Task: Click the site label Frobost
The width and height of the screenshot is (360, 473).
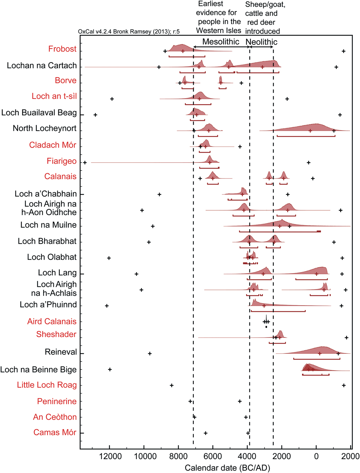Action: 62,49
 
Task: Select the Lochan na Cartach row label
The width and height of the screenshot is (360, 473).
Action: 42,66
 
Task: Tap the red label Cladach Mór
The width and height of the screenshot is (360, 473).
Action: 53,145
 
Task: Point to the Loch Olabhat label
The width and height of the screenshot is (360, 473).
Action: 52,257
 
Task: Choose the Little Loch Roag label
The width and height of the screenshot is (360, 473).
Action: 47,385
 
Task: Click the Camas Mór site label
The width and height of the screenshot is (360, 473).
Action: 55,433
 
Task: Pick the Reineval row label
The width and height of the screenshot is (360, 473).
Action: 61,352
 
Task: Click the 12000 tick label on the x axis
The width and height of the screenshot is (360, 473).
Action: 110,457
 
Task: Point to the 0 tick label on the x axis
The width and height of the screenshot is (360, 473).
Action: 316,457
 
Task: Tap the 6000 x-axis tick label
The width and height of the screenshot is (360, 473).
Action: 213,457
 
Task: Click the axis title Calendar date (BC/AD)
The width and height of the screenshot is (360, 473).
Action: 227,468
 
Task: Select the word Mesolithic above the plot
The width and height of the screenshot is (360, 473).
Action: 221,42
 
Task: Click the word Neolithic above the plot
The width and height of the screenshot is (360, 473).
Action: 262,42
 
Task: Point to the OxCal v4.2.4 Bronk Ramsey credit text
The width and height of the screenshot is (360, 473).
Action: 129,32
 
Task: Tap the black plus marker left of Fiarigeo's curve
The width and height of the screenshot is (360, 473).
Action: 85,163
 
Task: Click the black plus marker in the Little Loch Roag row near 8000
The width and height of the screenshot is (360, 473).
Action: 172,386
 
